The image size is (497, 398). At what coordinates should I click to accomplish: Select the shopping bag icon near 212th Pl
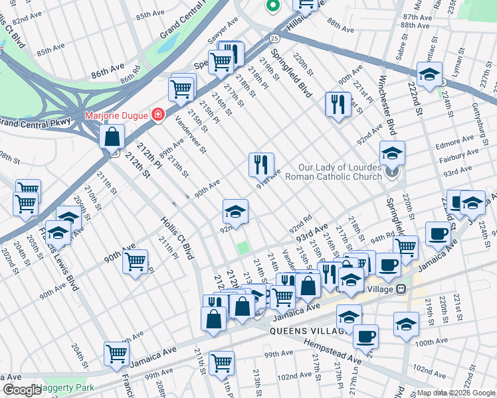click(x=113, y=137)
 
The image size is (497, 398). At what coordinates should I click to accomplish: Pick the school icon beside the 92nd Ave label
click(x=235, y=212)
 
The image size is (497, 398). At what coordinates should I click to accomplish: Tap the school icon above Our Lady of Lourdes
click(x=392, y=153)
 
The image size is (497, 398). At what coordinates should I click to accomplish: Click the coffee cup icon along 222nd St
click(x=437, y=233)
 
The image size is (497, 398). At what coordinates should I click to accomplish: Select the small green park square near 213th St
click(x=244, y=248)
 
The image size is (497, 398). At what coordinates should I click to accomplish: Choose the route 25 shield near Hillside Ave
click(x=274, y=38)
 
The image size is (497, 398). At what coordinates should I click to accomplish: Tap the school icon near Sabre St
click(x=429, y=74)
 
